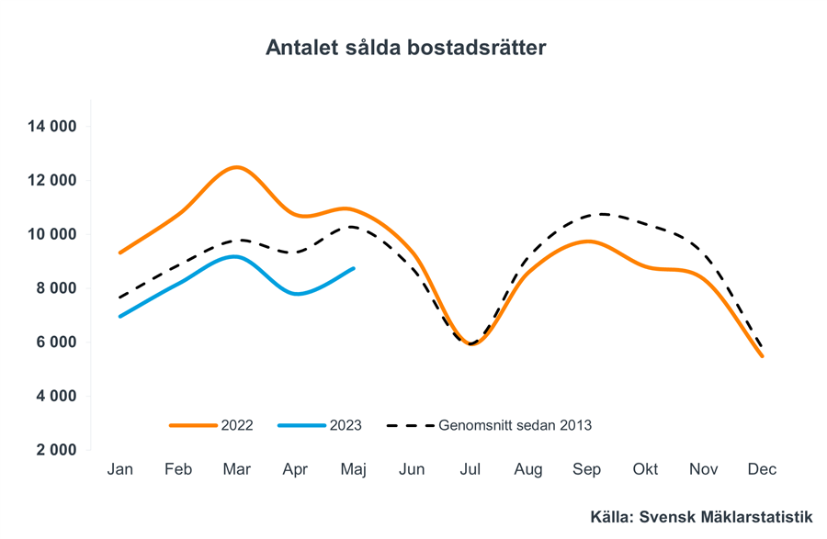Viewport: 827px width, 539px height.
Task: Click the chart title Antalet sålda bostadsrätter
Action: [x=405, y=48]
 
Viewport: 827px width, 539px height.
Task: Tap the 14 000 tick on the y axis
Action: [x=51, y=127]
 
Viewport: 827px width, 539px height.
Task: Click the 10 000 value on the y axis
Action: [x=51, y=234]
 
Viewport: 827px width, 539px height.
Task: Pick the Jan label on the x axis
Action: [x=120, y=469]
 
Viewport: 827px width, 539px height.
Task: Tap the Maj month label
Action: [x=354, y=469]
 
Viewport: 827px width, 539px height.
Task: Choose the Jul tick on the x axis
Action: [x=470, y=469]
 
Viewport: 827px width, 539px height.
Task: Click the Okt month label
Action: [x=645, y=469]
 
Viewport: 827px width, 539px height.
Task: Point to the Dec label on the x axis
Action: [x=762, y=469]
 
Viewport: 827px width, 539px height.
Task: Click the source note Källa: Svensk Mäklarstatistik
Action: [x=701, y=518]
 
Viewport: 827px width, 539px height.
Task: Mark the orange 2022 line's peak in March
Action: [x=237, y=167]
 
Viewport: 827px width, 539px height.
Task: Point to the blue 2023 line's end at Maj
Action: [x=354, y=268]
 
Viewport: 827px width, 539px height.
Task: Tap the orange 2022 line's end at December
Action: [x=762, y=356]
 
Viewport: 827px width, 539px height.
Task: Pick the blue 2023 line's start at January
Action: [x=120, y=316]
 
